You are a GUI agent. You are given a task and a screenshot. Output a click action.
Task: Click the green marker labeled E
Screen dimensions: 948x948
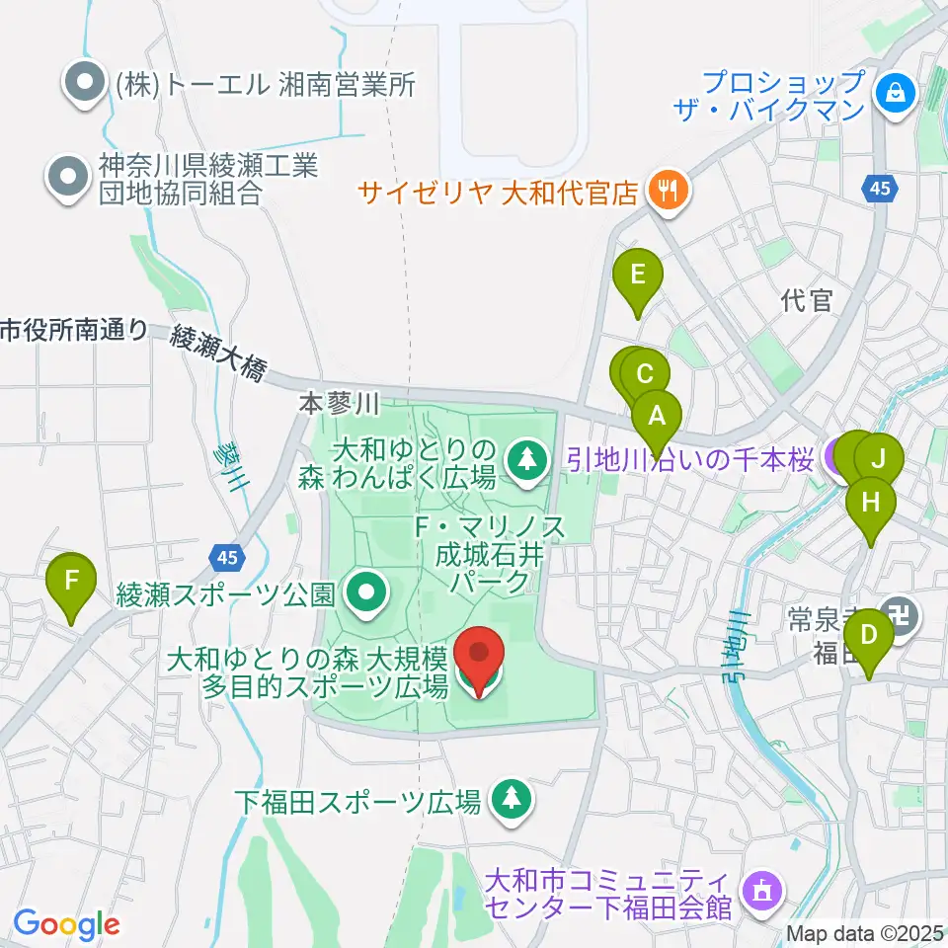coord(637,274)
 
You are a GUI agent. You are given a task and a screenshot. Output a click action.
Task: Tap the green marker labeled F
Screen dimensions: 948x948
coord(71,580)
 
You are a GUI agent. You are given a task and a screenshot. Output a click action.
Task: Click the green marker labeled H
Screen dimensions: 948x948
coord(871,503)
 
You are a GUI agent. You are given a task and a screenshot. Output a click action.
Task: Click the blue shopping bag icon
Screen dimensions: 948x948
coord(895,95)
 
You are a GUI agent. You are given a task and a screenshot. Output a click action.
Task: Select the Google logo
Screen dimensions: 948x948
coord(66,923)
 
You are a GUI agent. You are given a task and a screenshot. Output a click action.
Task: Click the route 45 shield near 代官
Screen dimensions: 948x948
coord(882,187)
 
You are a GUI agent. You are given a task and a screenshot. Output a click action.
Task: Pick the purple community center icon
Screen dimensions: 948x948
coord(761,891)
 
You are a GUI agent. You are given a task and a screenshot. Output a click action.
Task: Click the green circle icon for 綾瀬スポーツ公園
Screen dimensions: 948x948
coord(368,593)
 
